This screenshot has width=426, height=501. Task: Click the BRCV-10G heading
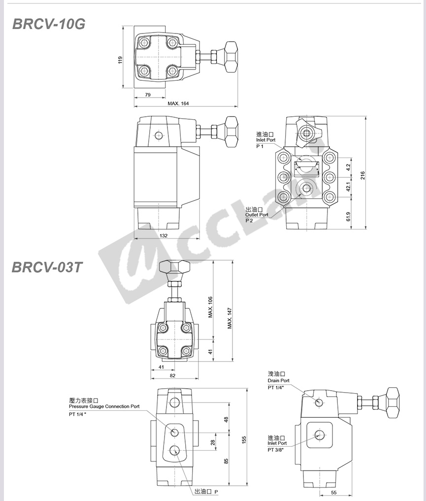49,24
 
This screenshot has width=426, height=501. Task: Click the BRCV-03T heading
47,267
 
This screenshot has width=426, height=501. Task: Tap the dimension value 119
120,60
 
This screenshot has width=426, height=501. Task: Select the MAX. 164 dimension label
178,103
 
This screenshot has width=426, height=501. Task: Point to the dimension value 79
148,95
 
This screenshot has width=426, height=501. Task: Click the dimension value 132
164,235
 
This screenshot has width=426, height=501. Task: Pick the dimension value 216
363,175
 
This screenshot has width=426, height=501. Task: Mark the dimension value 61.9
348,217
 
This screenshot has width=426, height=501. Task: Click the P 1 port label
260,146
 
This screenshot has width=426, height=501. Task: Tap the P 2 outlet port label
249,221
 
